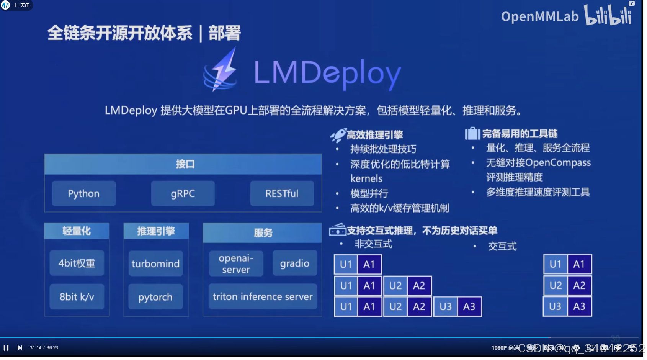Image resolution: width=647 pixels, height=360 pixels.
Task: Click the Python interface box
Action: tap(84, 193)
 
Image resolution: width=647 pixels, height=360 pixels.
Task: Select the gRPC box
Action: tap(183, 193)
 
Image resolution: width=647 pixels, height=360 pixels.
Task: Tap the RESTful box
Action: tap(282, 193)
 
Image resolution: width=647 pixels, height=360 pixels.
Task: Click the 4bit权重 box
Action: tap(77, 263)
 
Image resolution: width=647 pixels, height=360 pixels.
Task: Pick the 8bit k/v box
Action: tap(77, 297)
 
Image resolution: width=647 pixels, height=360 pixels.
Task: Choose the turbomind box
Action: tap(155, 263)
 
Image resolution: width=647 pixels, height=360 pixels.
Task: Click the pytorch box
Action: tap(155, 297)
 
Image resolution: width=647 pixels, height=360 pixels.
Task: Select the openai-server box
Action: tap(236, 263)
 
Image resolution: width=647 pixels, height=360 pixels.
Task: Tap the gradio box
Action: tap(294, 263)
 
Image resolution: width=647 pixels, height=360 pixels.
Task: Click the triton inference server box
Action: tap(263, 296)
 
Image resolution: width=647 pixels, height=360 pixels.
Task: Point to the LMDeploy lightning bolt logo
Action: tap(221, 70)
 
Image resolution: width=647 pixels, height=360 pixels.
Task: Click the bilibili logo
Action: tap(608, 15)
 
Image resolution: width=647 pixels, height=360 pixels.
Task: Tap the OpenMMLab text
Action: tap(540, 16)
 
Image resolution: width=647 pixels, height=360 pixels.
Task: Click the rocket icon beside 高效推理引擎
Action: tap(338, 135)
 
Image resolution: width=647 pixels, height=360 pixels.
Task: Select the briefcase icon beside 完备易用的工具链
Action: tap(472, 133)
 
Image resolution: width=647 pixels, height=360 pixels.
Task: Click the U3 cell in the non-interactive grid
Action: tap(445, 306)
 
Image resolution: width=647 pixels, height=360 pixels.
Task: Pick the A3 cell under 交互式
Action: tap(579, 306)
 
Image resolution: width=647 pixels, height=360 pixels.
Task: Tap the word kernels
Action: tap(366, 178)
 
